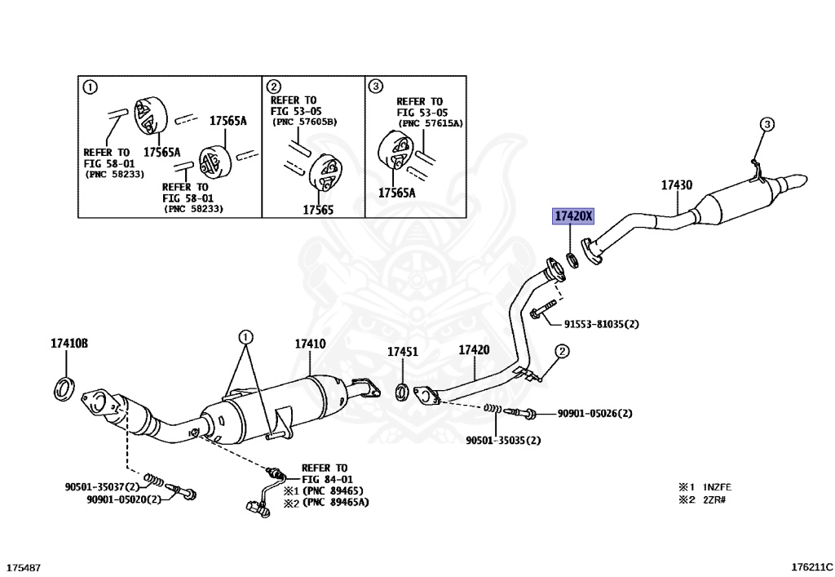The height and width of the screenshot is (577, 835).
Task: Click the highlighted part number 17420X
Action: pos(575,216)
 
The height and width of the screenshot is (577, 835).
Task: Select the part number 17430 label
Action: pos(676,185)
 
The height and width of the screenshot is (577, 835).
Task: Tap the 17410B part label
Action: pos(69,344)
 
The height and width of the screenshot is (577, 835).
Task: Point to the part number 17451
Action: pos(402,352)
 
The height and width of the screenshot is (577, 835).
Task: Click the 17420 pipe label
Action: pos(473,350)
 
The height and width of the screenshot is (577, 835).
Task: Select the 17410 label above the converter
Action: pos(310,344)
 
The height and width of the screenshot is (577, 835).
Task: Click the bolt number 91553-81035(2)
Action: pos(601,324)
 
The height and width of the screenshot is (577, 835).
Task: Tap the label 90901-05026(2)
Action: pos(584,414)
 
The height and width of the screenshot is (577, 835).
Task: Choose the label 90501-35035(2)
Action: pos(503,441)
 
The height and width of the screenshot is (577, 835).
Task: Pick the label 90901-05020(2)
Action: pos(123,499)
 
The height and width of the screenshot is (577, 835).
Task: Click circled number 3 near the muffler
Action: pos(767,124)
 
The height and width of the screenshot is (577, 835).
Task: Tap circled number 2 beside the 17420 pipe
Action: pos(562,351)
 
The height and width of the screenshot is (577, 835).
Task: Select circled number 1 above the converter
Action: pos(246,336)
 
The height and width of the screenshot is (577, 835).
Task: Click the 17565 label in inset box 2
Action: pos(319,210)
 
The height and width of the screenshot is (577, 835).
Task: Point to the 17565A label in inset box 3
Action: pos(396,193)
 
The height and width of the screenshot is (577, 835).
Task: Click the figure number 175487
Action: pos(24,566)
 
